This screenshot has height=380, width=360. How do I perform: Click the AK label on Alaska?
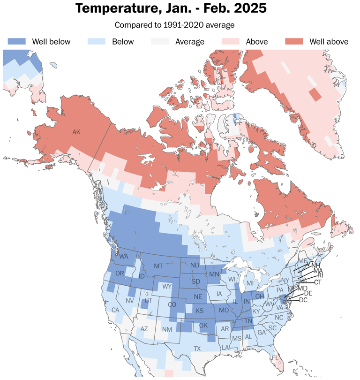[x=76, y=132]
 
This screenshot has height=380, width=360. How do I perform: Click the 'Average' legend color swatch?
[x=160, y=42]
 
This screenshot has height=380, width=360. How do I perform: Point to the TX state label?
[x=197, y=349]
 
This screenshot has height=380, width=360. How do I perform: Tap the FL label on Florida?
[x=276, y=358]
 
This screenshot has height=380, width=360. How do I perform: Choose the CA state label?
[x=114, y=310]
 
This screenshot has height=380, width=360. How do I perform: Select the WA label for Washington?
[x=124, y=257]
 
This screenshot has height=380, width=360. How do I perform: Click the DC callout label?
[x=303, y=300]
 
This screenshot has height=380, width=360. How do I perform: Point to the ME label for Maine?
[x=302, y=260]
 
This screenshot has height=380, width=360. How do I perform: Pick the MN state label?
[x=214, y=274]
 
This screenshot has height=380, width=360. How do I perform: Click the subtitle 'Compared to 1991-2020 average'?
[x=174, y=24]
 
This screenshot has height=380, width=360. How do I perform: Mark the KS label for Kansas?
[x=199, y=311]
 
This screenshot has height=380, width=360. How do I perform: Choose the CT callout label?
[x=318, y=282]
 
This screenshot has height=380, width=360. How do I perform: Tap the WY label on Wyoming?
[x=167, y=286]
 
